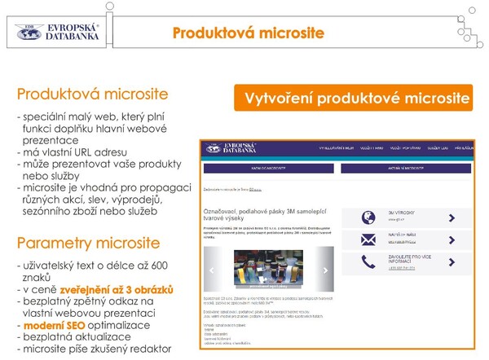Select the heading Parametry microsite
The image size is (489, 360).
pyautogui.click(x=88, y=244)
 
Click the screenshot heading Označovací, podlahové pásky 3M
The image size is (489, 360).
pyautogui.click(x=261, y=213)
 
